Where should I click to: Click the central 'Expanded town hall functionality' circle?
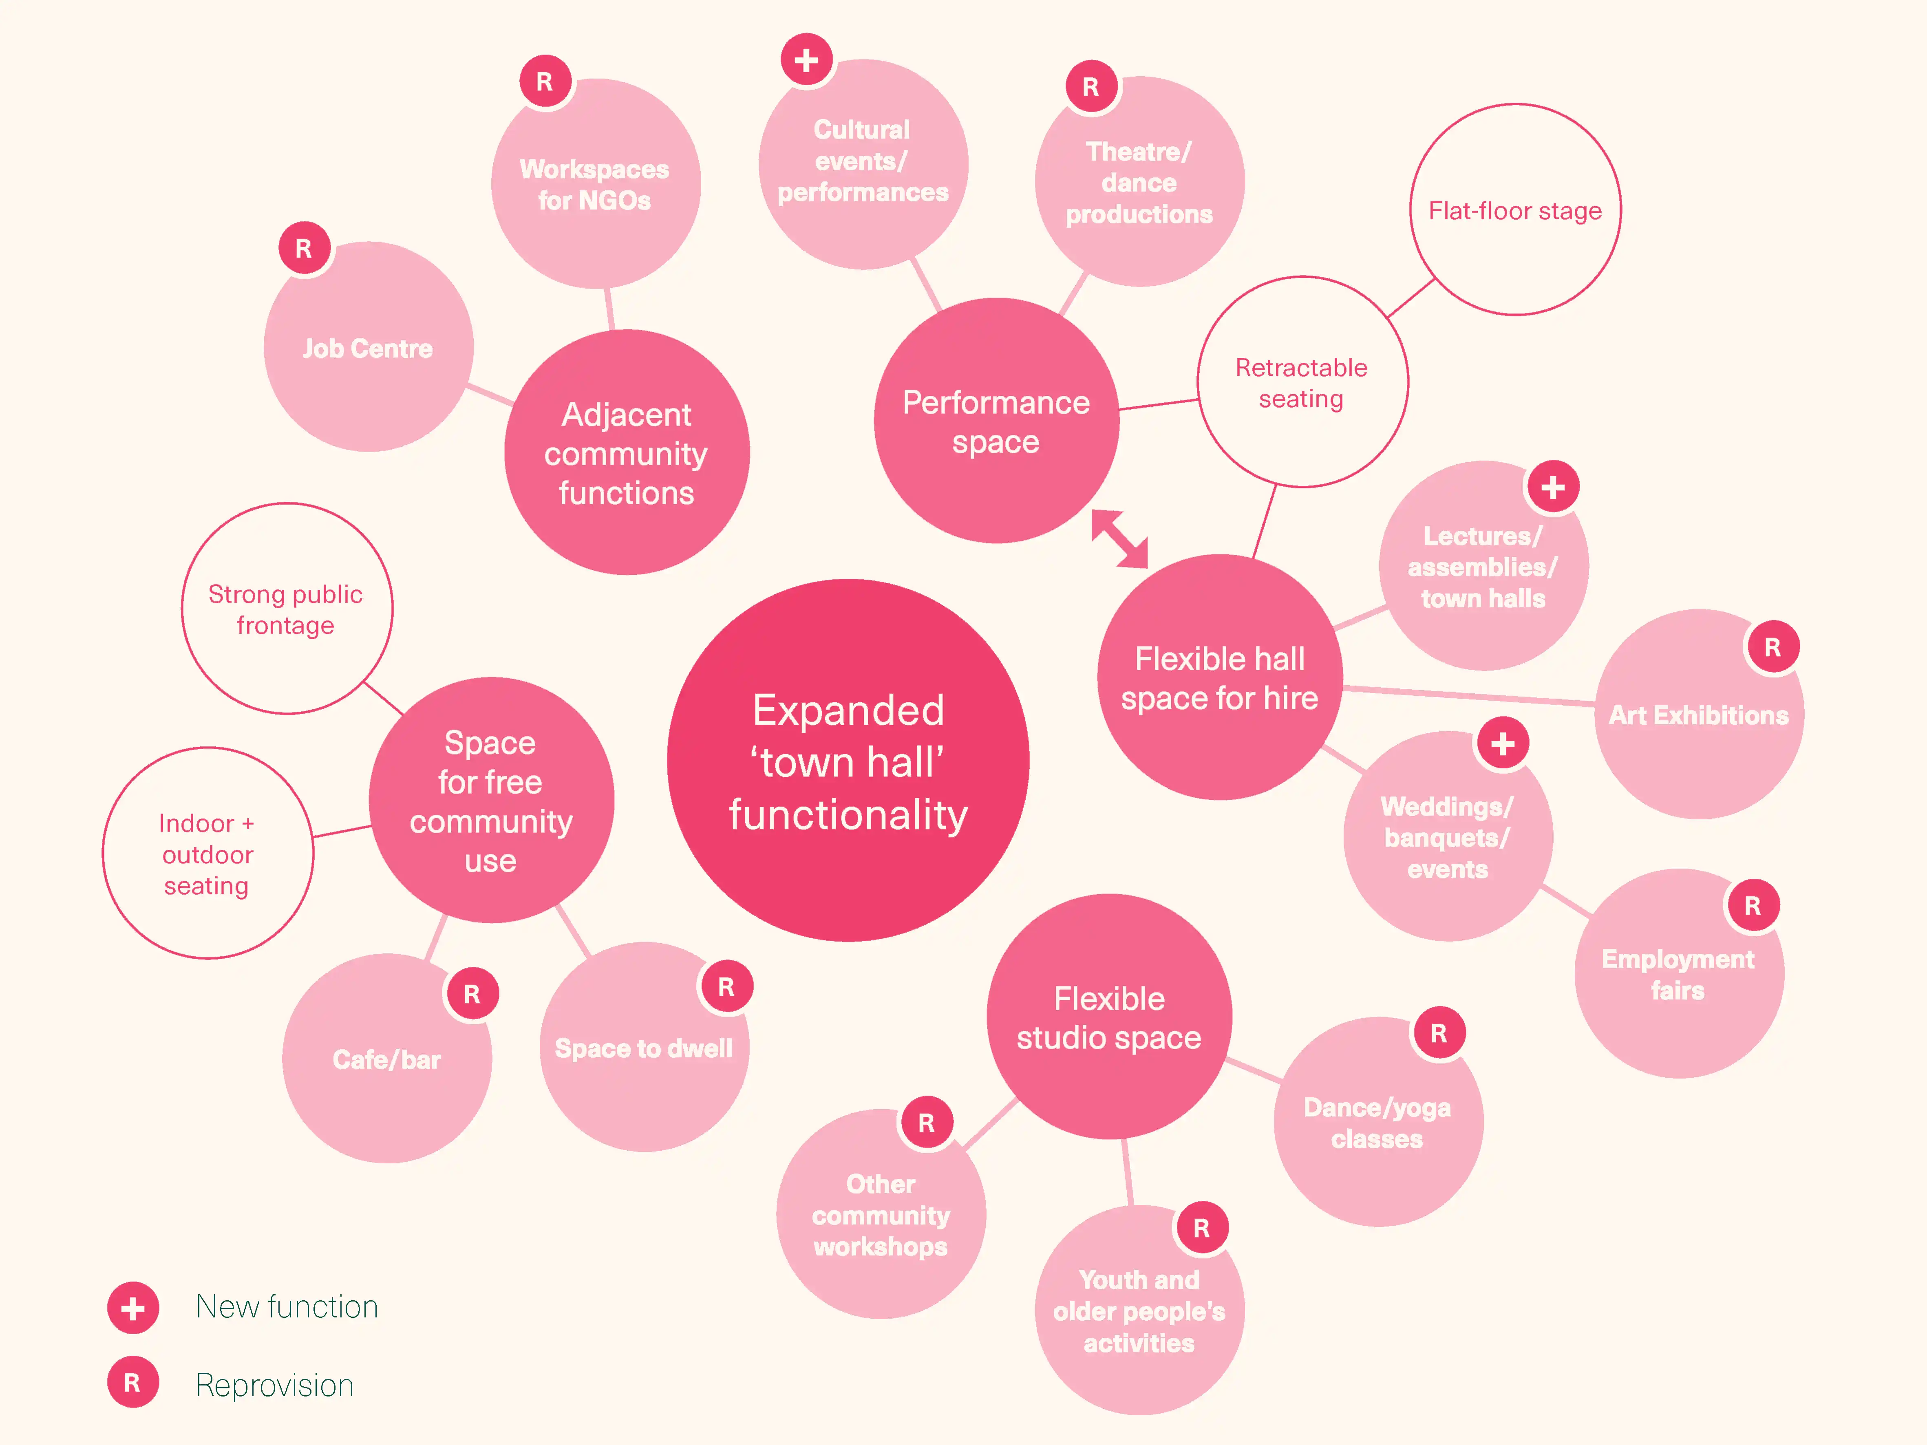[x=848, y=760]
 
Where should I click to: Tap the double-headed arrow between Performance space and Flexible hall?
[x=1119, y=538]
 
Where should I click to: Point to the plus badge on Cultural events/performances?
[x=807, y=60]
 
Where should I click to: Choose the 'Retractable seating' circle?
[x=1302, y=382]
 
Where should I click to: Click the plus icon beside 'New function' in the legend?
[x=132, y=1307]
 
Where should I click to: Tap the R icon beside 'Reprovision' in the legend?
[x=132, y=1382]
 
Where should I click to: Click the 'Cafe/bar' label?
[x=387, y=1060]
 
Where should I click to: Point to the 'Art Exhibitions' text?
[x=1698, y=715]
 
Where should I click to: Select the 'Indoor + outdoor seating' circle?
[x=207, y=854]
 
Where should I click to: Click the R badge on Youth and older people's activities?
[x=1201, y=1228]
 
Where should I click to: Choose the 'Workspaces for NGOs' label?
[x=595, y=185]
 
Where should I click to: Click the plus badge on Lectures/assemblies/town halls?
[x=1552, y=487]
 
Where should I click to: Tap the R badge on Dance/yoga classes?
[x=1438, y=1033]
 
